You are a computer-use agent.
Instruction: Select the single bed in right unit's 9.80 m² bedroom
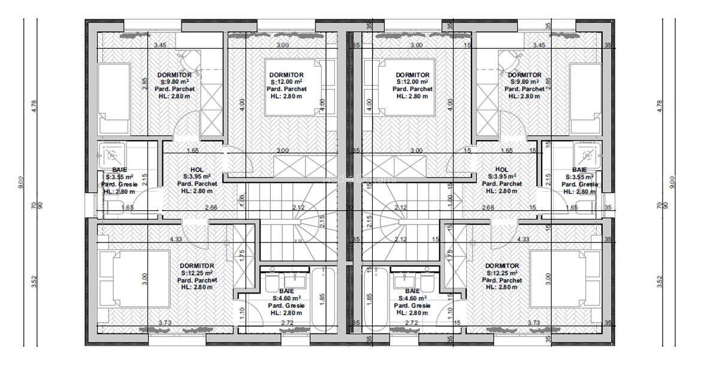click(x=585, y=99)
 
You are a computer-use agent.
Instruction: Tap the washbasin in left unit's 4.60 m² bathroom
click(x=294, y=280)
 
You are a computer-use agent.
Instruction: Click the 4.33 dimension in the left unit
click(x=176, y=240)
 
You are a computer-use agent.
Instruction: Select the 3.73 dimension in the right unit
click(x=534, y=323)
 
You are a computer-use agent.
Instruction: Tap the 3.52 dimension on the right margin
click(x=660, y=280)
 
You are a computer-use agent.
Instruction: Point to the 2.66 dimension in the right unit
click(x=488, y=208)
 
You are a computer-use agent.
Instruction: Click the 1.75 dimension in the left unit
click(x=241, y=254)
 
